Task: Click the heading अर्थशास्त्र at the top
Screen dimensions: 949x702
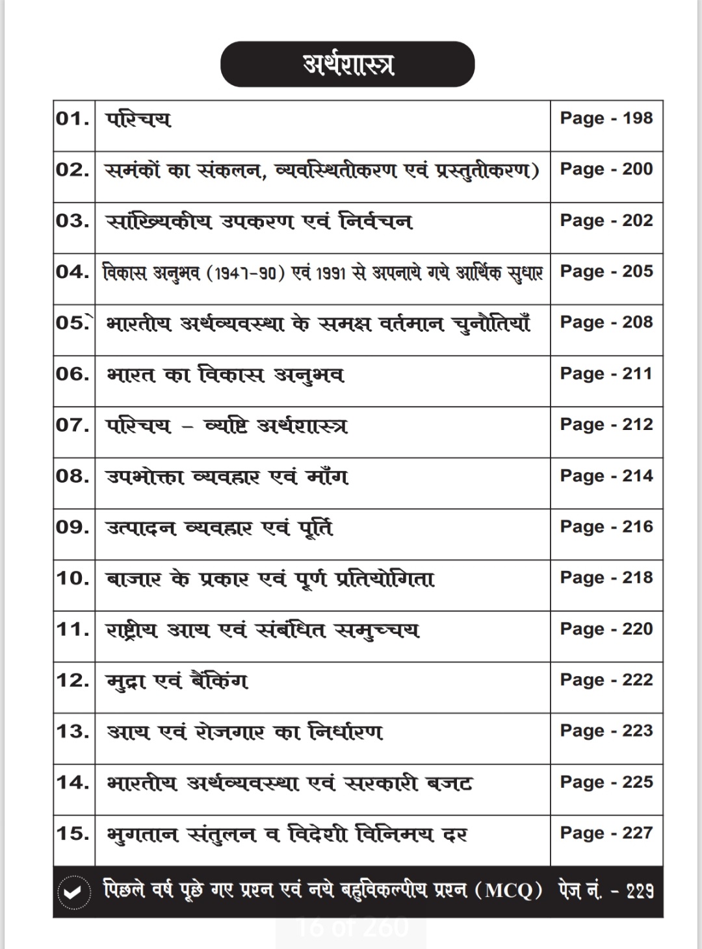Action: click(x=348, y=64)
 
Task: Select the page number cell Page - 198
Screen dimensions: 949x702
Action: click(x=606, y=118)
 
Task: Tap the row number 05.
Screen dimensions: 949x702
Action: click(x=73, y=322)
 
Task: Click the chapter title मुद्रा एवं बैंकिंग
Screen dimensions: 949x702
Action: click(x=177, y=681)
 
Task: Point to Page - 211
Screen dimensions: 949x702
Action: click(x=606, y=373)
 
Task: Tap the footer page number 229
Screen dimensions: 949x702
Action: click(x=640, y=891)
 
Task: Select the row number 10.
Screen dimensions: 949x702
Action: click(x=73, y=577)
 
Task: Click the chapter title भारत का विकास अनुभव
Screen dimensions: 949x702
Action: click(x=225, y=375)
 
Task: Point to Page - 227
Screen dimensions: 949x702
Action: click(x=606, y=833)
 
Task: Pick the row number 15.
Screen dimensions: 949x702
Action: click(x=73, y=833)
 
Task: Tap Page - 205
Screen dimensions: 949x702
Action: click(x=606, y=271)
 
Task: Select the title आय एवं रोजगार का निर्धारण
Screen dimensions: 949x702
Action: click(x=245, y=732)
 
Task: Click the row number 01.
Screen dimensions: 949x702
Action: click(x=73, y=118)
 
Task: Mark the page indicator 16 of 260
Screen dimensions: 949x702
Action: click(x=352, y=927)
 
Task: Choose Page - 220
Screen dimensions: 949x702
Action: click(x=606, y=629)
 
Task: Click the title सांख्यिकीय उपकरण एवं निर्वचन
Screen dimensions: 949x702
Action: click(x=259, y=221)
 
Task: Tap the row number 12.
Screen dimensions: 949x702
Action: click(x=73, y=680)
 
